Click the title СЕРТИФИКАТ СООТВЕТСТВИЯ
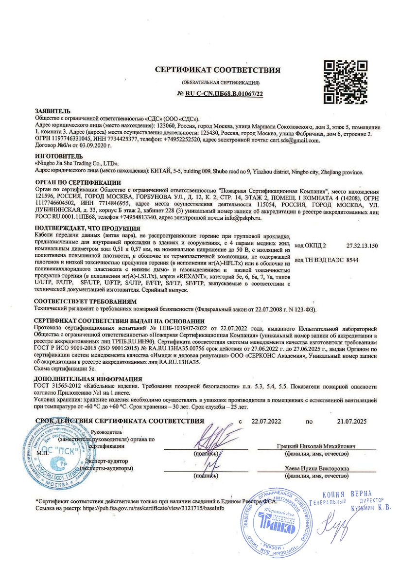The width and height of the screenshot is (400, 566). click(218, 71)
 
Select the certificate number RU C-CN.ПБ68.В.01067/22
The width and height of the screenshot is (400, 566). click(221, 93)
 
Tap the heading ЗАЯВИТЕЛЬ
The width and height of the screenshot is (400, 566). click(52, 111)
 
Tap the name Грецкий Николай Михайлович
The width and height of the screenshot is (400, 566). click(316, 446)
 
